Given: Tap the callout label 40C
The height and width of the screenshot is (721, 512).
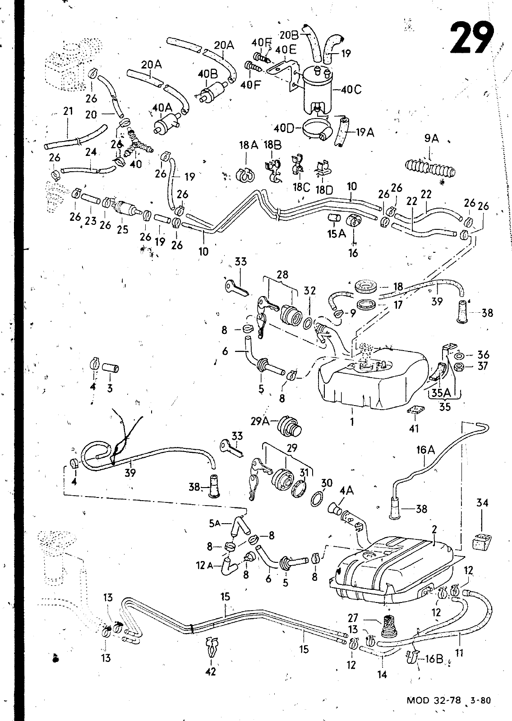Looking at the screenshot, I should (351, 90).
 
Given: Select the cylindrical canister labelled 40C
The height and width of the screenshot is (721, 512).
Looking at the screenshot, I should (315, 88).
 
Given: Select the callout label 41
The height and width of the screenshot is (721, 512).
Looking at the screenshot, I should (414, 429).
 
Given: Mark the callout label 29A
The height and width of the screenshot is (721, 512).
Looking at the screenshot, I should (260, 420).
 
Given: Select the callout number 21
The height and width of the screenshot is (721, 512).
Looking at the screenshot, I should (68, 111).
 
